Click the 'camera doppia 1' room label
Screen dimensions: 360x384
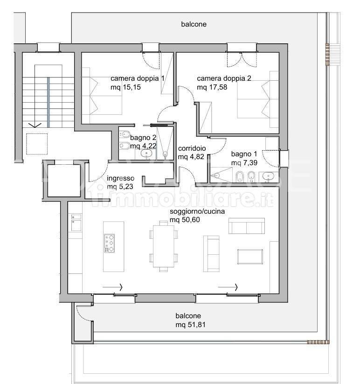point(137,78)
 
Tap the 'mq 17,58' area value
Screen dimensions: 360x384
point(212,87)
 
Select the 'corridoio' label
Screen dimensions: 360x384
point(192,148)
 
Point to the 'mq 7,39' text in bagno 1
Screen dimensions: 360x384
point(244,163)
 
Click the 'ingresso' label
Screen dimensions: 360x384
point(120,178)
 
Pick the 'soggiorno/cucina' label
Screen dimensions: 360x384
point(197,211)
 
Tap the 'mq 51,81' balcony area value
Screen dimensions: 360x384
point(190,325)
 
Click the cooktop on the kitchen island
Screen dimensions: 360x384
point(109,244)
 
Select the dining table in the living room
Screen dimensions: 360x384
point(164,246)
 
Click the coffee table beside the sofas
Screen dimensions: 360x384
point(250,257)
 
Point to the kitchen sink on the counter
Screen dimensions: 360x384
point(76,223)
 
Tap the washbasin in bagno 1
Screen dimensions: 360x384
point(269,177)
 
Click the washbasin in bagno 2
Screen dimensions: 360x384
point(146,154)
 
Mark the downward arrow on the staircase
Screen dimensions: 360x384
point(35,125)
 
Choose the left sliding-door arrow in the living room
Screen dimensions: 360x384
point(112,287)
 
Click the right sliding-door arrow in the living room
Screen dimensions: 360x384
point(228,287)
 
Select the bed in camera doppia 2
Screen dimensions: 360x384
point(258,99)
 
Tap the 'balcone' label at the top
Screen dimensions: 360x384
point(194,24)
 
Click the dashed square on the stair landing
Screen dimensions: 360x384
point(37,144)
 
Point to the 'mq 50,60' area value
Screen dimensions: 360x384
point(185,220)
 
